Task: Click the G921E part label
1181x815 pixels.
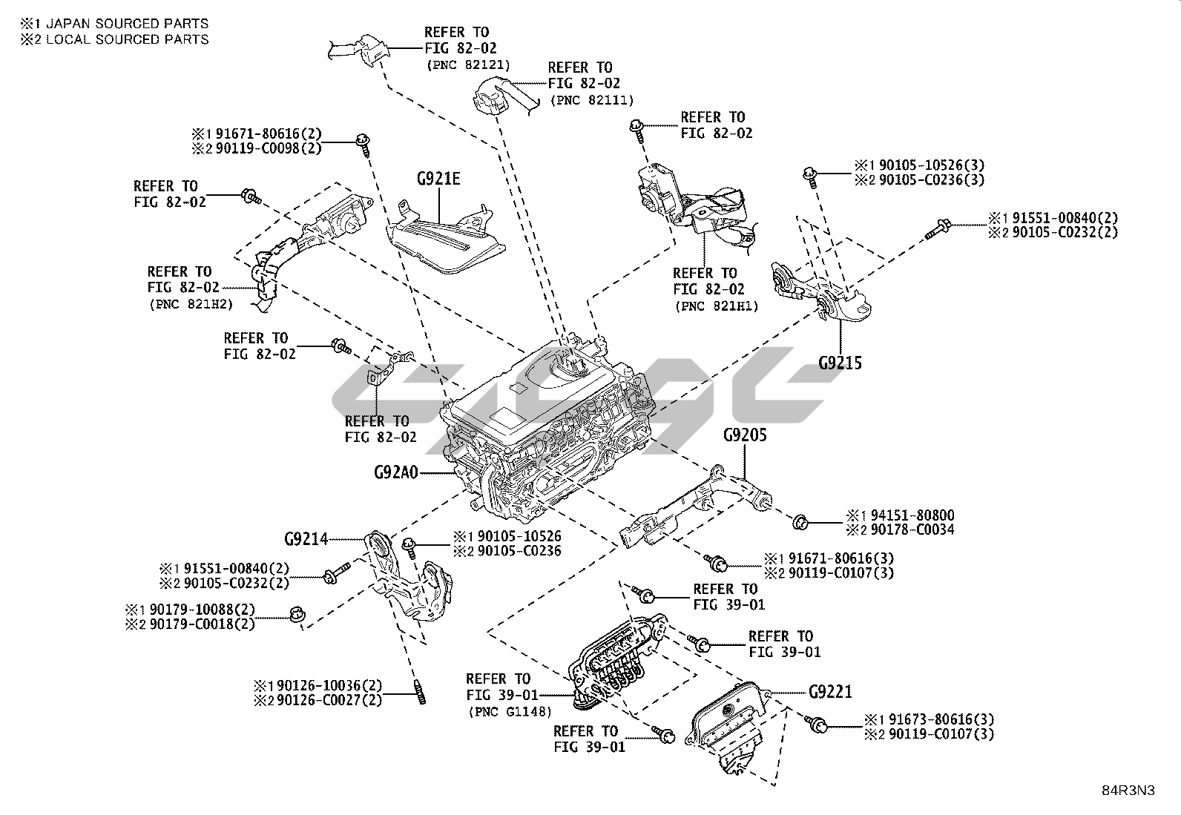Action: [x=438, y=179]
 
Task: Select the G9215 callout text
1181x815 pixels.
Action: [x=840, y=363]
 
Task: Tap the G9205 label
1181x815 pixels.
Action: [x=745, y=435]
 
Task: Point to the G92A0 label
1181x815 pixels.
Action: [x=396, y=472]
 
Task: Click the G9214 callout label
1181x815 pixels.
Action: [x=306, y=539]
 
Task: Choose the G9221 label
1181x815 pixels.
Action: [x=830, y=693]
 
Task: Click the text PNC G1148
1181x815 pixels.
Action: [x=510, y=712]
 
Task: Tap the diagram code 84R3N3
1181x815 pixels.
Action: [x=1128, y=791]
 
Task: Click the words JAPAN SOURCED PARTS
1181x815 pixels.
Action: [x=128, y=24]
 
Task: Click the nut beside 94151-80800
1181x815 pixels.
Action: [x=800, y=521]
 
